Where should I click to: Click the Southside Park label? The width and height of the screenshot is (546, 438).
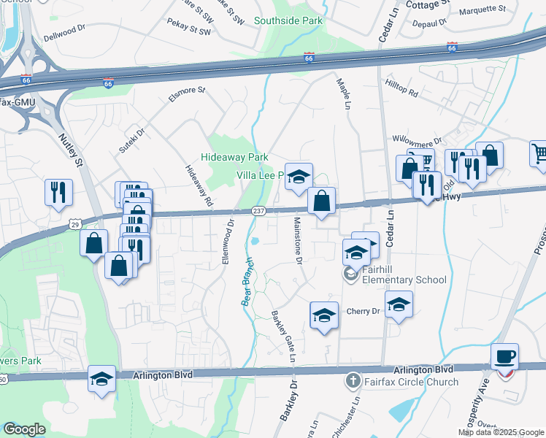click(288, 20)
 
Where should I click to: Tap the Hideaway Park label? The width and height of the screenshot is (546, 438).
click(235, 157)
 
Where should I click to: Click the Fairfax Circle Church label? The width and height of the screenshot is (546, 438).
click(412, 381)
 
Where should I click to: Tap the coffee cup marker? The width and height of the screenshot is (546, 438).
click(504, 358)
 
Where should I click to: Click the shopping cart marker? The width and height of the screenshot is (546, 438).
click(539, 154)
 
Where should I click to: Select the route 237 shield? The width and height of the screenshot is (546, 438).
click(261, 212)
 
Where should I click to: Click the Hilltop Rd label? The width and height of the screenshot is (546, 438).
click(402, 89)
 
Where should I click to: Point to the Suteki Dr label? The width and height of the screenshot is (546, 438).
click(132, 141)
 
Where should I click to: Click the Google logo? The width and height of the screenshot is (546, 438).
click(24, 429)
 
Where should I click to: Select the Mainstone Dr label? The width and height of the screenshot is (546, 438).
click(298, 240)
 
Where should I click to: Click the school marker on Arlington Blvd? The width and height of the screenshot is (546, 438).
click(102, 379)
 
